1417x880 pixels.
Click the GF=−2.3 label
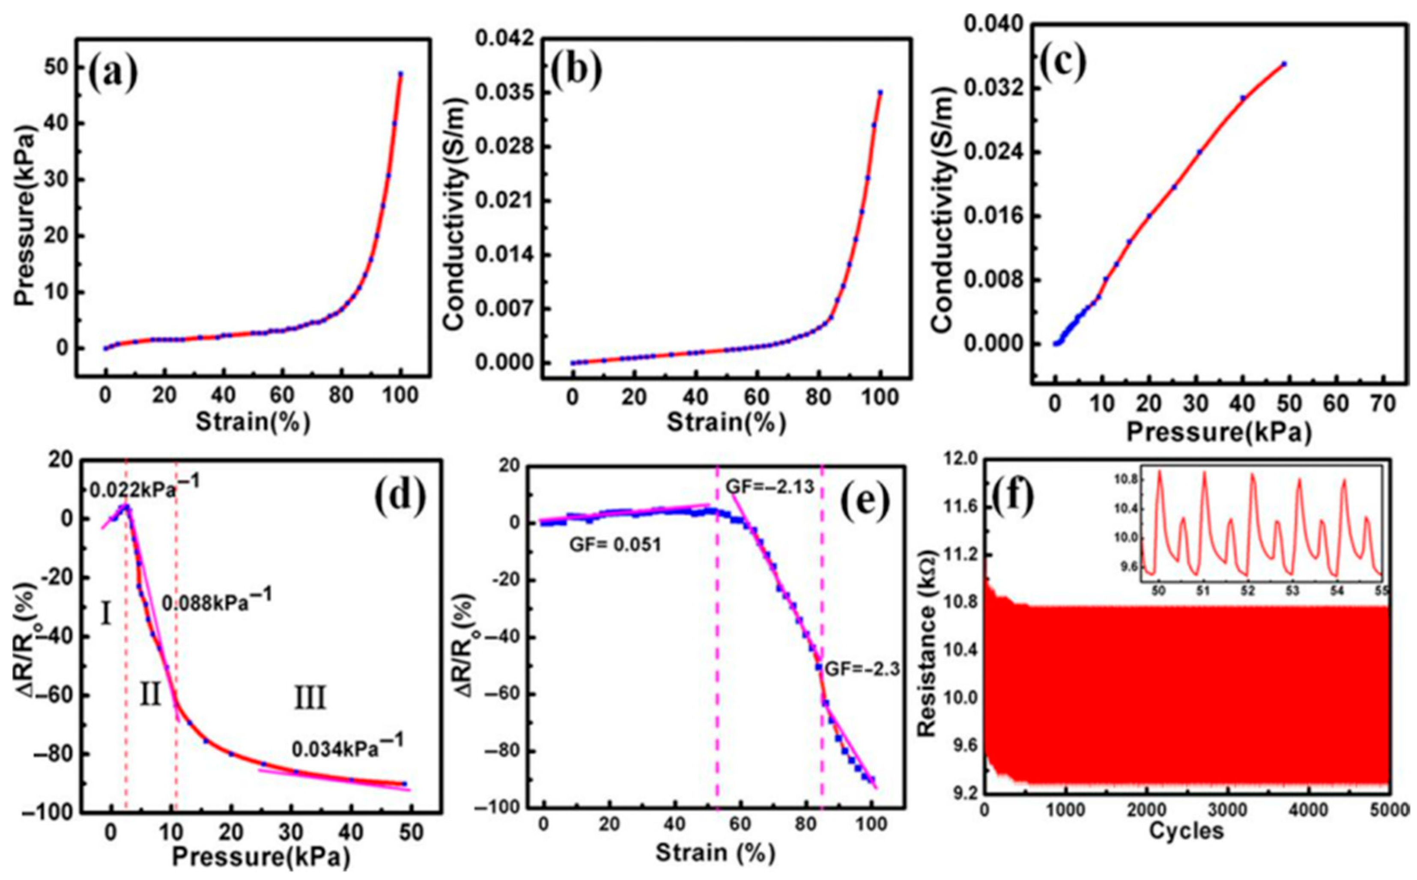point(862,669)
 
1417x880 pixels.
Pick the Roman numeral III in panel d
point(310,698)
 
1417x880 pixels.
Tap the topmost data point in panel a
point(400,74)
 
